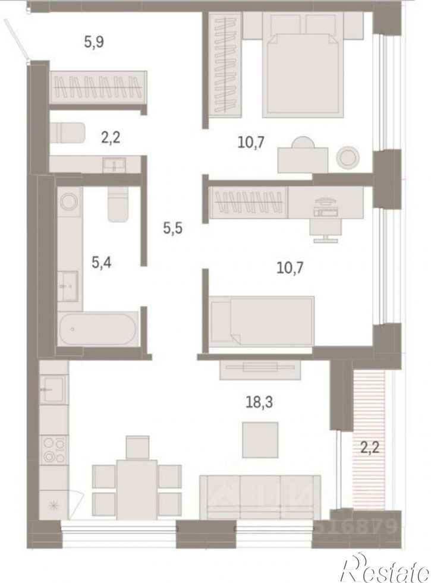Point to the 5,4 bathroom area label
point(104,261)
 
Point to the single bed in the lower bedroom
point(262,320)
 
